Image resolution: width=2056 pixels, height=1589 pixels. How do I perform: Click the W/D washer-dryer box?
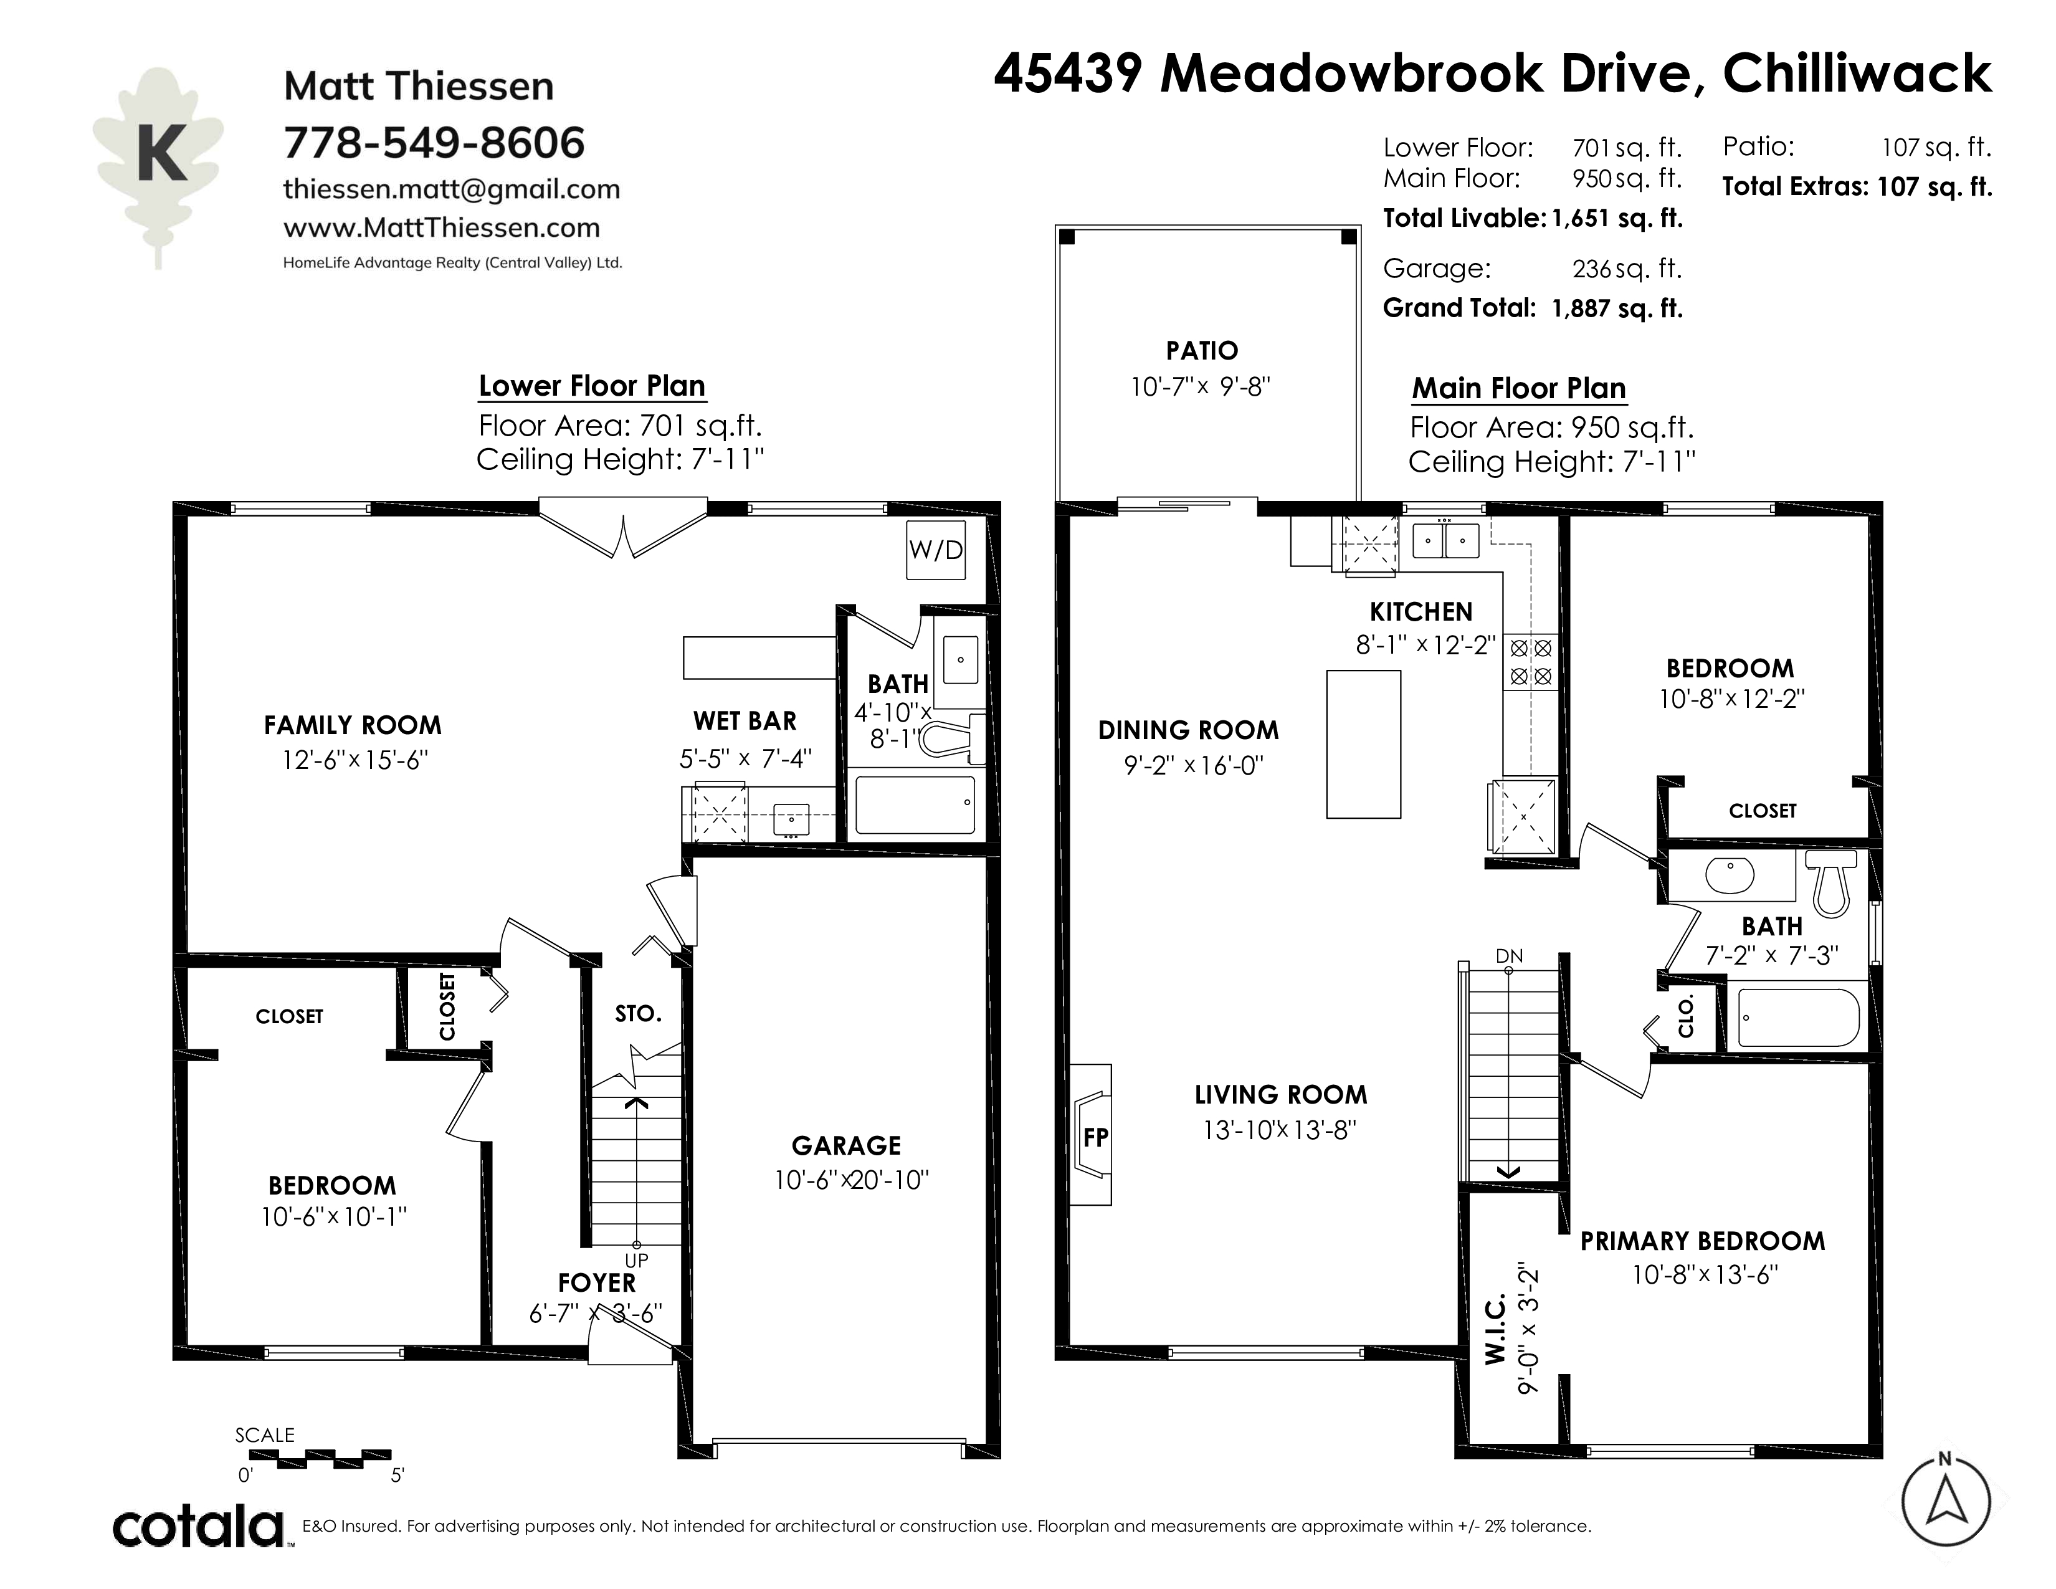click(x=936, y=551)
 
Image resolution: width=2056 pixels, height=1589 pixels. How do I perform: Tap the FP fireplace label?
click(x=1096, y=1138)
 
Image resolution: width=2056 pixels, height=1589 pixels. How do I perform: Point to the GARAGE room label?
click(x=846, y=1145)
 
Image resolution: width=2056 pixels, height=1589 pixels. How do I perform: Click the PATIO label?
click(x=1202, y=351)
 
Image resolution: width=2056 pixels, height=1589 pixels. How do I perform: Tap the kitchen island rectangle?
click(x=1363, y=743)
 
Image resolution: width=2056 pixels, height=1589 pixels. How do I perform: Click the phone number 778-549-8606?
click(x=434, y=143)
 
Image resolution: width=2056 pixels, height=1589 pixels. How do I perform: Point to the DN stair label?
click(x=1509, y=957)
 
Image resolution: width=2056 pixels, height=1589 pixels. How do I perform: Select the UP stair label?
click(x=636, y=1261)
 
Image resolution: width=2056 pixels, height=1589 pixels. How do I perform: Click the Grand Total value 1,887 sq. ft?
click(x=1617, y=308)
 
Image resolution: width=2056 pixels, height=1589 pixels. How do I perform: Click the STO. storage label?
click(x=638, y=1014)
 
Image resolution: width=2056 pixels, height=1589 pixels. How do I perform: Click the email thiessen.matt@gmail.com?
click(x=452, y=189)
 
